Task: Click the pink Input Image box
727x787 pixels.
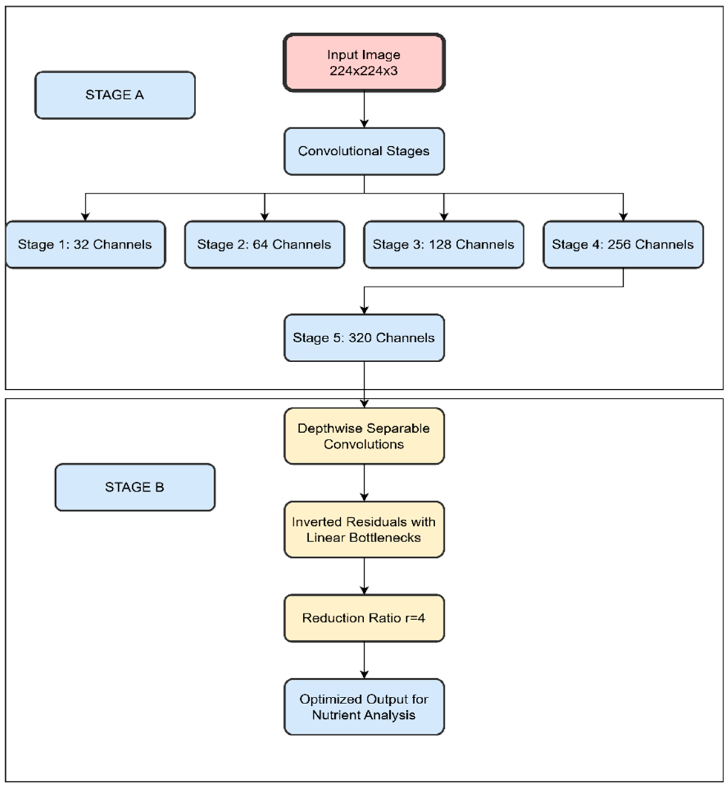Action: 364,63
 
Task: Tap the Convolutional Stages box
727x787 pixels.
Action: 364,151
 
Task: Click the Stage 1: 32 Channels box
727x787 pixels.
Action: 85,244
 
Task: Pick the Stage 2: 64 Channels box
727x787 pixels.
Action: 264,244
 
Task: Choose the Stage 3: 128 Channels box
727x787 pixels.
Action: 443,244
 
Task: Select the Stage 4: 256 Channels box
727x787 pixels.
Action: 623,244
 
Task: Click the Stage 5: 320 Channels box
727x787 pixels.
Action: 364,337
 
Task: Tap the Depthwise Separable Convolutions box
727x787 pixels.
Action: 364,436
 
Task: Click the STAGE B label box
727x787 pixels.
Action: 135,487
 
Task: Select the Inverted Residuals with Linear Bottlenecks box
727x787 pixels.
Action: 364,529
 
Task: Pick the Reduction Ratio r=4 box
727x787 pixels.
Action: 364,618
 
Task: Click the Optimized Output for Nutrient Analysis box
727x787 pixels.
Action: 364,707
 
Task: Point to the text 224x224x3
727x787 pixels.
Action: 364,71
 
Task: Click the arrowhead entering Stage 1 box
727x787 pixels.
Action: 85,217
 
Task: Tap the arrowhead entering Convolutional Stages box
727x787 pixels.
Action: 364,124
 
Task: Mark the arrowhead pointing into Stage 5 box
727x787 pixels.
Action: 364,310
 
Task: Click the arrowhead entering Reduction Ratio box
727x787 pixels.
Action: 364,590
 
